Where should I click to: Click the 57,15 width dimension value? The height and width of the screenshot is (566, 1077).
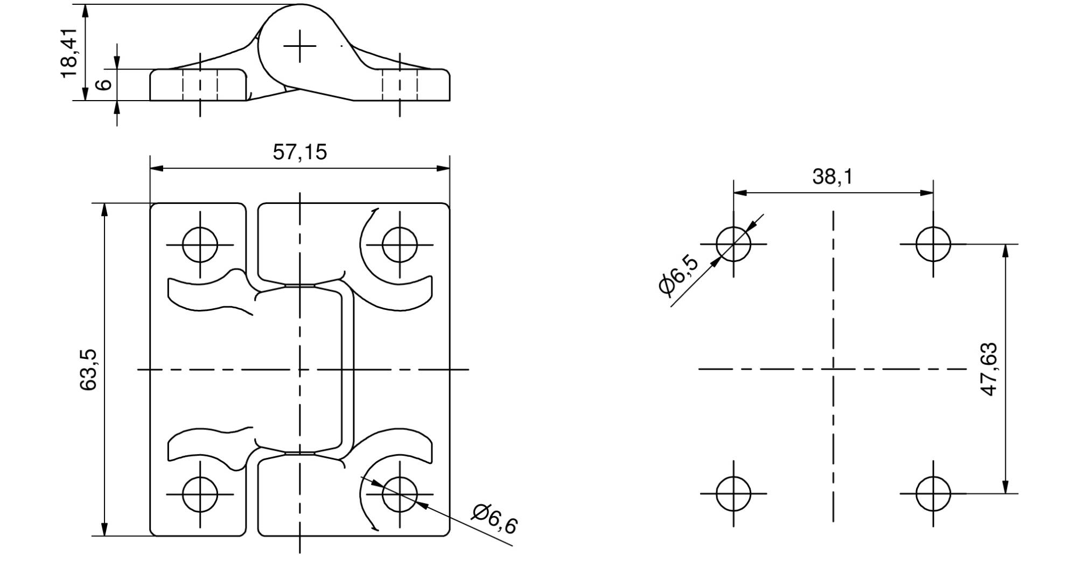pos(299,152)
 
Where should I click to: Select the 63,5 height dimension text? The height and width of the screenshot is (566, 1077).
pos(88,370)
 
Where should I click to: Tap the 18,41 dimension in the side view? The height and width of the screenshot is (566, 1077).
pos(70,53)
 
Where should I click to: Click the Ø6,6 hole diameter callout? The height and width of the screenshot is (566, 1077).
pos(494,519)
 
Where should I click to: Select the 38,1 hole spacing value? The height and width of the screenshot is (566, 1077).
pos(833,176)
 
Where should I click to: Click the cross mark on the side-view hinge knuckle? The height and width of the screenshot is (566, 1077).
pos(300,46)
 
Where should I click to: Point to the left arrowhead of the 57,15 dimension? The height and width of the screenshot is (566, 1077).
pos(157,168)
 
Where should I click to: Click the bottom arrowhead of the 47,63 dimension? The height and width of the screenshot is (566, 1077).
pos(1005,486)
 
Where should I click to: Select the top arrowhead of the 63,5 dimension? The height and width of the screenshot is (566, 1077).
pos(105,210)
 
